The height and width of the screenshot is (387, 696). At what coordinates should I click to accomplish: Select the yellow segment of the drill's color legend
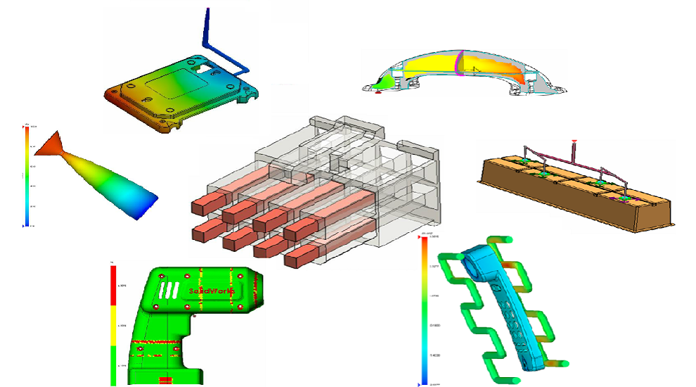(x=112, y=327)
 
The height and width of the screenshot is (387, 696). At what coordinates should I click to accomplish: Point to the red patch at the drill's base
(x=166, y=380)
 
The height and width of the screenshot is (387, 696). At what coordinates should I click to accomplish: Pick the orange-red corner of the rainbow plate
(x=112, y=96)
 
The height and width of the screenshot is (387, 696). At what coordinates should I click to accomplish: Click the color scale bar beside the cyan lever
(x=423, y=310)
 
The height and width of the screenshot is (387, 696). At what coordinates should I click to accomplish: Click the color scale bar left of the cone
(x=27, y=176)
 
